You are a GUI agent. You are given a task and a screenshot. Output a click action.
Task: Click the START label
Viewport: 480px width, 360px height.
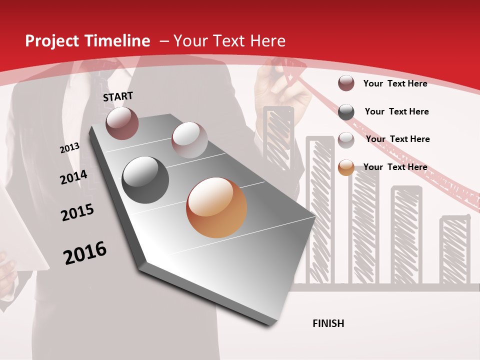coord(118,96)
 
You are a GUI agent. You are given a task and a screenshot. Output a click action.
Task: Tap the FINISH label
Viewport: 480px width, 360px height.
coord(328,323)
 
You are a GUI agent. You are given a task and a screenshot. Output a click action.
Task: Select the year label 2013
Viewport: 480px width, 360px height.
coord(69,147)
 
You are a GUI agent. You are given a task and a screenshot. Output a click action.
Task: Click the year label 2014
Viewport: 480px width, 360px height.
coord(73,177)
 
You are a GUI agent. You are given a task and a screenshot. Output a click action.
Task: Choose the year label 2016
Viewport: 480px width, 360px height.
coord(85,252)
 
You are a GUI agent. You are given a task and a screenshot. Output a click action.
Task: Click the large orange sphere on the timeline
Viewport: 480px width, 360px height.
coord(216,207)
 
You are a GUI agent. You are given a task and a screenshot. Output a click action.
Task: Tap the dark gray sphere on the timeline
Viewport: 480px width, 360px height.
coord(145,180)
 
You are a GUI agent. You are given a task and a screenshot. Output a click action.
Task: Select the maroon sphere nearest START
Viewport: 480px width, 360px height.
coord(122,123)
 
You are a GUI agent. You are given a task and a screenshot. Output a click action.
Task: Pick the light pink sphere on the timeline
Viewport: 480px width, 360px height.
coord(189,140)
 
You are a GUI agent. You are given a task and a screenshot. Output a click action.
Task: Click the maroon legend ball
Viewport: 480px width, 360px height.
coord(346,83)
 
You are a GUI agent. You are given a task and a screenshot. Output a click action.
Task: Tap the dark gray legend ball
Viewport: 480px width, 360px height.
coord(346,111)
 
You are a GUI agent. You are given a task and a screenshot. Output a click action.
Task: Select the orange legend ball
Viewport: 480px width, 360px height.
coord(346,167)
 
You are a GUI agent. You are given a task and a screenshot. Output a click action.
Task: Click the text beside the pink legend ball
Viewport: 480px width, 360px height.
coord(397,139)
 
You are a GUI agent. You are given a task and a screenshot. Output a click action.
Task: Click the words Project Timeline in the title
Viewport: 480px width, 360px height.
coord(87,41)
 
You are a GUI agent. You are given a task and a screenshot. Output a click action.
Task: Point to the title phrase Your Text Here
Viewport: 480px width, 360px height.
coord(229,41)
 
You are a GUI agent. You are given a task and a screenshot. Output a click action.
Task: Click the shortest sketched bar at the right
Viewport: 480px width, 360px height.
coord(454,250)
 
